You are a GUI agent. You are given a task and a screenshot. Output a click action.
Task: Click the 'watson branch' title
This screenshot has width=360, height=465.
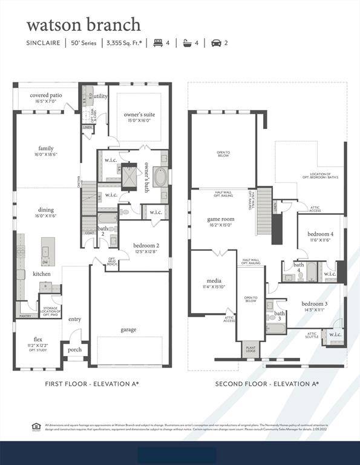[83, 24]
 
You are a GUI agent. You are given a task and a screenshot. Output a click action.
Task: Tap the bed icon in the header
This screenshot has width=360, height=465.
[159, 43]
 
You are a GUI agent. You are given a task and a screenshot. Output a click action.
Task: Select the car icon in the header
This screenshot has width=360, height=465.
[216, 43]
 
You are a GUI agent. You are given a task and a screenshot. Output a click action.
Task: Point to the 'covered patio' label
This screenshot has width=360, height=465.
[46, 95]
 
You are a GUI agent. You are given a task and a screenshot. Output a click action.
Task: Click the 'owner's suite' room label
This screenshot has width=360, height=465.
[139, 114]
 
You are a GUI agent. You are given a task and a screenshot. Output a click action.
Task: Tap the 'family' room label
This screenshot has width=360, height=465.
[46, 148]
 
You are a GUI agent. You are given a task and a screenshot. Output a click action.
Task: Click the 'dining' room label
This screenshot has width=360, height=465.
[46, 209]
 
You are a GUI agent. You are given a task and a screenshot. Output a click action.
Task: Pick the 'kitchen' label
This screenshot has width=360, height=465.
[42, 274]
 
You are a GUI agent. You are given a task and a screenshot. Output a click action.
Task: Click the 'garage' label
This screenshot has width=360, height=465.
[128, 329]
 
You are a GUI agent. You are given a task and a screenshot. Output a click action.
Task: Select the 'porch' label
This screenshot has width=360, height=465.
[74, 349]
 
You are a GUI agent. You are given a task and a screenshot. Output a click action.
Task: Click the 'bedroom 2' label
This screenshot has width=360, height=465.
[146, 245]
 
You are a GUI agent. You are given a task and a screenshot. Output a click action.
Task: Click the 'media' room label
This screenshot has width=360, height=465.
[214, 281]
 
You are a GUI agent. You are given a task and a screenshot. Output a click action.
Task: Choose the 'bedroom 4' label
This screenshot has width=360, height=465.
[320, 234]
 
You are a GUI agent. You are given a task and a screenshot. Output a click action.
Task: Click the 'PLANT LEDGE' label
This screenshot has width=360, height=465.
[250, 350]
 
